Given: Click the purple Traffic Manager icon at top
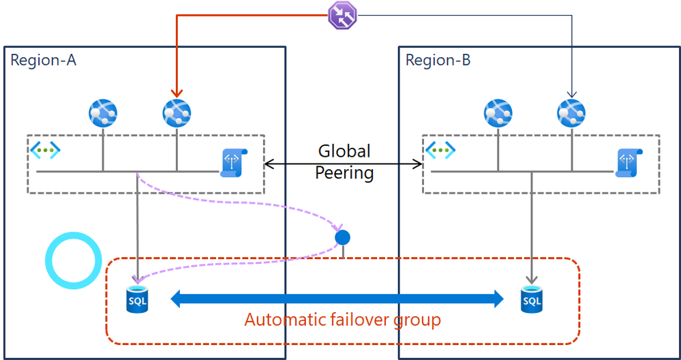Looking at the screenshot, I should point(342,16).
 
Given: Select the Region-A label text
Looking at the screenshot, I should point(43,60).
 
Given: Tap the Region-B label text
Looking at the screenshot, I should point(438,60).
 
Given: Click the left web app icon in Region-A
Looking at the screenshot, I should point(103,113).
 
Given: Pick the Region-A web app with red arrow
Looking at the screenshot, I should point(177,113).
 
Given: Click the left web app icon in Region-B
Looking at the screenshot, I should point(498,113).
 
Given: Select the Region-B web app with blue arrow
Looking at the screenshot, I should point(571,113).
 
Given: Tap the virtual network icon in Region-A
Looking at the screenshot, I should point(44,149).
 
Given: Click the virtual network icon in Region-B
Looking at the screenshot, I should point(440,149).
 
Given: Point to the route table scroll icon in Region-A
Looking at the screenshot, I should point(234,162).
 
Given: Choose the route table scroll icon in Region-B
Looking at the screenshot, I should point(629,162).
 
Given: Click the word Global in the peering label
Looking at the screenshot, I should point(344,151).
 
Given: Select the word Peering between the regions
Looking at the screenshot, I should point(344,173).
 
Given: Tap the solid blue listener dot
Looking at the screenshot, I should point(342,237).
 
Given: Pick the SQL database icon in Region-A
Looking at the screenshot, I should point(138,299).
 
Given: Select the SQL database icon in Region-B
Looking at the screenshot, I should point(532,299).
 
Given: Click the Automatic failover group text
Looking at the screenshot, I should point(342,320).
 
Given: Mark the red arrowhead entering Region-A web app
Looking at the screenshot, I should point(177,93).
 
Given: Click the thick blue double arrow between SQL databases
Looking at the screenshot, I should point(336,298).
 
